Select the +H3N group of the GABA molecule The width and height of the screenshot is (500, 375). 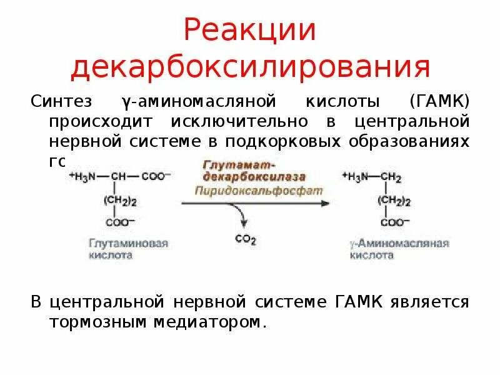[x=356, y=177]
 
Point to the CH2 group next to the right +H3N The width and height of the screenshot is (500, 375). [x=390, y=177]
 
